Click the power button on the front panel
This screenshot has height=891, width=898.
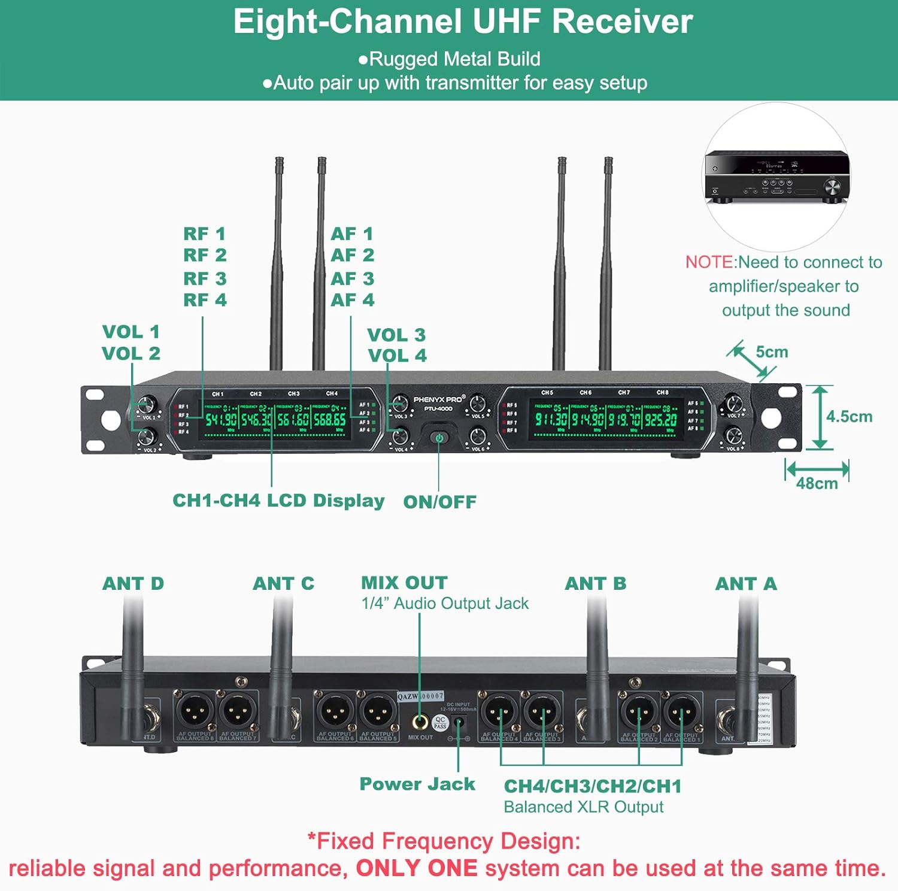coord(439,438)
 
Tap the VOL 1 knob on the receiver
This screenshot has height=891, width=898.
coord(147,404)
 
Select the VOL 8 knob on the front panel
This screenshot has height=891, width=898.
coord(733,435)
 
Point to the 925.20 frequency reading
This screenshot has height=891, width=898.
coord(661,419)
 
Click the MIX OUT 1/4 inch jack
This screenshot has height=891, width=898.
coord(420,722)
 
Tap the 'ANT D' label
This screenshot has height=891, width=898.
coord(133,583)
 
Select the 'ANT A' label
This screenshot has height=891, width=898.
coord(746,583)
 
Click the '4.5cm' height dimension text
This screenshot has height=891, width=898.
coord(849,417)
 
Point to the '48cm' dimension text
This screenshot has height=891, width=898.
coord(817,483)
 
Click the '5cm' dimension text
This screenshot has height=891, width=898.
coord(772,352)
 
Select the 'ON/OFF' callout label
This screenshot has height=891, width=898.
coord(440,502)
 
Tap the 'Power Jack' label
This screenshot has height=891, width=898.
coord(417,784)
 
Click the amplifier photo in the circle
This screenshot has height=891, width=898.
coord(776,178)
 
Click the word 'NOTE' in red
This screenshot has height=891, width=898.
coord(709,262)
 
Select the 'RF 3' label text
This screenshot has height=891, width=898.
coord(205,278)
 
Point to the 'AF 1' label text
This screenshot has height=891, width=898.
coord(352,234)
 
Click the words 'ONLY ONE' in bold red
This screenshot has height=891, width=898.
coord(417,868)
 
